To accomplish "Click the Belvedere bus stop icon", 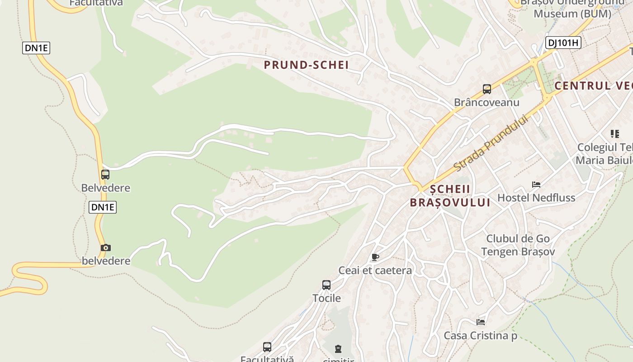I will [105, 174].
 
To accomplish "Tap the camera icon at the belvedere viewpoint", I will [106, 248].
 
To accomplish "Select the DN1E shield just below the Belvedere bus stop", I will [103, 207].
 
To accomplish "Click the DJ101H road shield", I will [563, 43].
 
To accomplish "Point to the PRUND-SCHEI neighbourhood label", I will [306, 65].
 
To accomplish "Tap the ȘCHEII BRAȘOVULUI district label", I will [450, 195].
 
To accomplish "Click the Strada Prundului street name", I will [491, 143].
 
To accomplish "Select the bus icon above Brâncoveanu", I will [487, 89].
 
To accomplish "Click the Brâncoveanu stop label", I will [487, 102].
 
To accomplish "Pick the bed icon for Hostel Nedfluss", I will [536, 184].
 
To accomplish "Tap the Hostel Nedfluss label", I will [536, 198].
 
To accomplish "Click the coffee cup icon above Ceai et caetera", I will [375, 257].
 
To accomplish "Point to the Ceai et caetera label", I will [375, 271].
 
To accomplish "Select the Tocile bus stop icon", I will [326, 285].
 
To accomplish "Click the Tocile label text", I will [326, 298].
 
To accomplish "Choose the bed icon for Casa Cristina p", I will [481, 322].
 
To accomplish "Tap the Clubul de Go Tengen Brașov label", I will [518, 245].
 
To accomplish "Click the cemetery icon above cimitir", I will [338, 349].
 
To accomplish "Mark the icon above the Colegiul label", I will [615, 133].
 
